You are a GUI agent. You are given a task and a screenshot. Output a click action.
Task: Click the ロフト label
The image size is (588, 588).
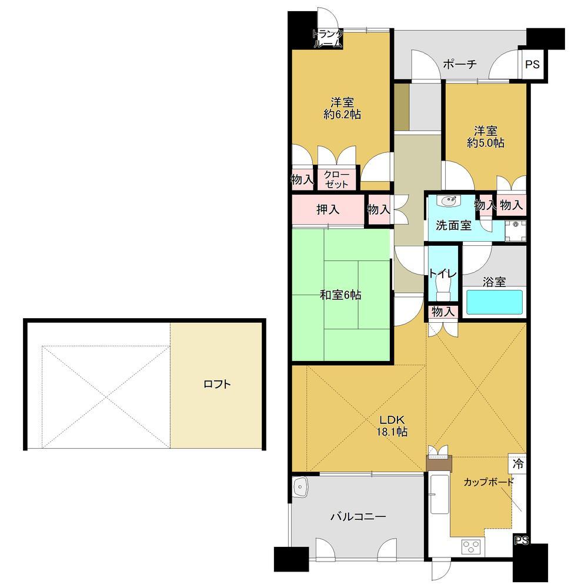217,384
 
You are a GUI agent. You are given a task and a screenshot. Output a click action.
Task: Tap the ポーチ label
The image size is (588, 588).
460,64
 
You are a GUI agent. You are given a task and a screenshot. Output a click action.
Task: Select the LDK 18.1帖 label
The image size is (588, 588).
392,426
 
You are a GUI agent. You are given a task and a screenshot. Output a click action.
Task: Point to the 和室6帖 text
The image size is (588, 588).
340,295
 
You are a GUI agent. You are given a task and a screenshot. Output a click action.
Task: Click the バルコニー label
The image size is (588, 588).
358,517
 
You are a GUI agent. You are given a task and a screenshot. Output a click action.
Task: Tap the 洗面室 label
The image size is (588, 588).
453,225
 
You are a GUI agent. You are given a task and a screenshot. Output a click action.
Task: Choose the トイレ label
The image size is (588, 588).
443,273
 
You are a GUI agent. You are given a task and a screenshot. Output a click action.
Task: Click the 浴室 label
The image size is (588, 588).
495,282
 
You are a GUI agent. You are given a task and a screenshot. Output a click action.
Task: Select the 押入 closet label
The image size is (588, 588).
328,209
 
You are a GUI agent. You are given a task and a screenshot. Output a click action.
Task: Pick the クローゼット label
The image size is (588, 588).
336,179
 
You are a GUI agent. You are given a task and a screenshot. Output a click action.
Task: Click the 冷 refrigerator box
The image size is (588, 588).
517,464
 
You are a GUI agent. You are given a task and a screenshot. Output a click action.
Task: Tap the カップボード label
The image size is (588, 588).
488,482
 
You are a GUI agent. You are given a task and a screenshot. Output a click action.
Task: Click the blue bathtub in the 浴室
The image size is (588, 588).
495,302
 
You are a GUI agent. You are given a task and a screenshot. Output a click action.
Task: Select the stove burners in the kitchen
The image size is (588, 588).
472,546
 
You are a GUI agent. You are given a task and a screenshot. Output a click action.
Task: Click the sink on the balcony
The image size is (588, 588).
300,487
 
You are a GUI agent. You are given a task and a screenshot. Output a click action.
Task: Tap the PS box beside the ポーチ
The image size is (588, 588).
532,65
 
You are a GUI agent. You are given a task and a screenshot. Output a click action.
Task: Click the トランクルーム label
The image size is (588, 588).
328,39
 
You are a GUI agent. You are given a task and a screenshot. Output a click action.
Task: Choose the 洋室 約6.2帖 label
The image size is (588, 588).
342,108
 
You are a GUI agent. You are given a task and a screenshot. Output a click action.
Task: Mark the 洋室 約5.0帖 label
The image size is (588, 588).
486,137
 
